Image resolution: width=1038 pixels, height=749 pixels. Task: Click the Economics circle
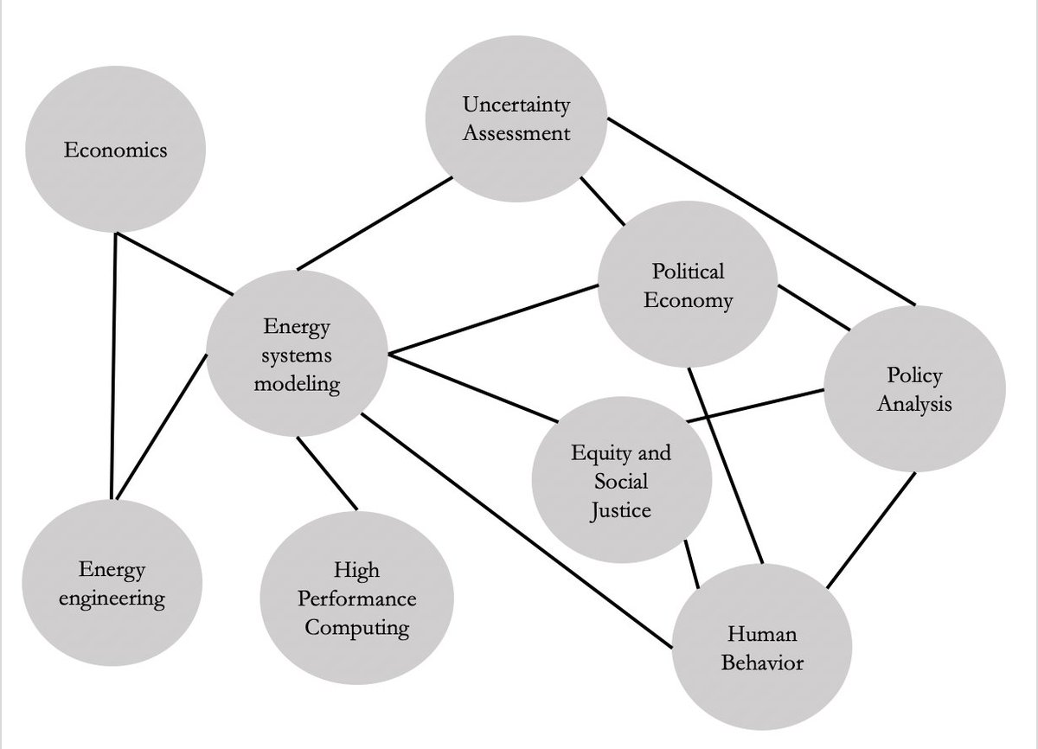(x=116, y=150)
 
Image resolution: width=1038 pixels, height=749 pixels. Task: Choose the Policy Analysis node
(x=915, y=388)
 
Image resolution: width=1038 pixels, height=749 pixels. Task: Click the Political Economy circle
(x=689, y=286)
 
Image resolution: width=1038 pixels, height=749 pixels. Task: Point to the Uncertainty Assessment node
(x=516, y=118)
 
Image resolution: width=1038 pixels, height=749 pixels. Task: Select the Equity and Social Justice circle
(x=621, y=481)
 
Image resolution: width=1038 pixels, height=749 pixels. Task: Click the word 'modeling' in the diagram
(x=297, y=384)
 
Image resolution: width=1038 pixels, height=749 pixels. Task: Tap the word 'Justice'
(x=621, y=510)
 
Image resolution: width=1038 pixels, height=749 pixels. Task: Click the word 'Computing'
(x=357, y=627)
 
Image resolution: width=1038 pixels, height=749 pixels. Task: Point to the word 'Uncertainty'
(x=516, y=106)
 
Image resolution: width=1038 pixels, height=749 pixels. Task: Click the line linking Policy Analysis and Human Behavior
(x=872, y=529)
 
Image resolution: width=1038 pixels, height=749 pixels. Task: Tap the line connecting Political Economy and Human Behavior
(x=726, y=464)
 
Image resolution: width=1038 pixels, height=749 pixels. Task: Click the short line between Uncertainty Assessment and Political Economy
(x=601, y=201)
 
